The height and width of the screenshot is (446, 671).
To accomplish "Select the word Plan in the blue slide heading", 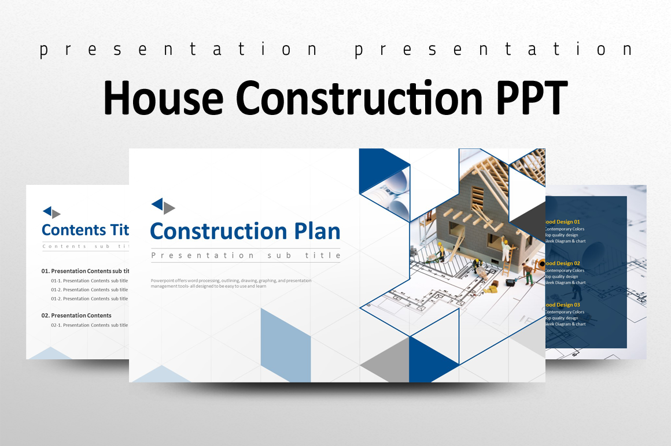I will click(317, 231).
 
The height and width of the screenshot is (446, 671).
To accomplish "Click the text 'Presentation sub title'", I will click(245, 255).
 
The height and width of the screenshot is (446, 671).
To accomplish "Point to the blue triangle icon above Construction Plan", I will click(157, 204).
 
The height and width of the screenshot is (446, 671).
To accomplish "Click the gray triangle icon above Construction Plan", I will click(169, 208).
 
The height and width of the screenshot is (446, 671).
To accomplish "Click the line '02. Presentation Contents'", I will click(76, 315).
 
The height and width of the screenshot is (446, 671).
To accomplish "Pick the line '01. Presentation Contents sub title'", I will click(84, 271).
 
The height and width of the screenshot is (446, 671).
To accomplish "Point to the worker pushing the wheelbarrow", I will click(527, 272).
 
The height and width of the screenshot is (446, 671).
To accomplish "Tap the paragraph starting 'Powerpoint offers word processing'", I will click(231, 283).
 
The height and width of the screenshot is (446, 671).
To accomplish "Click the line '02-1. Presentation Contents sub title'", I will click(89, 325).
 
